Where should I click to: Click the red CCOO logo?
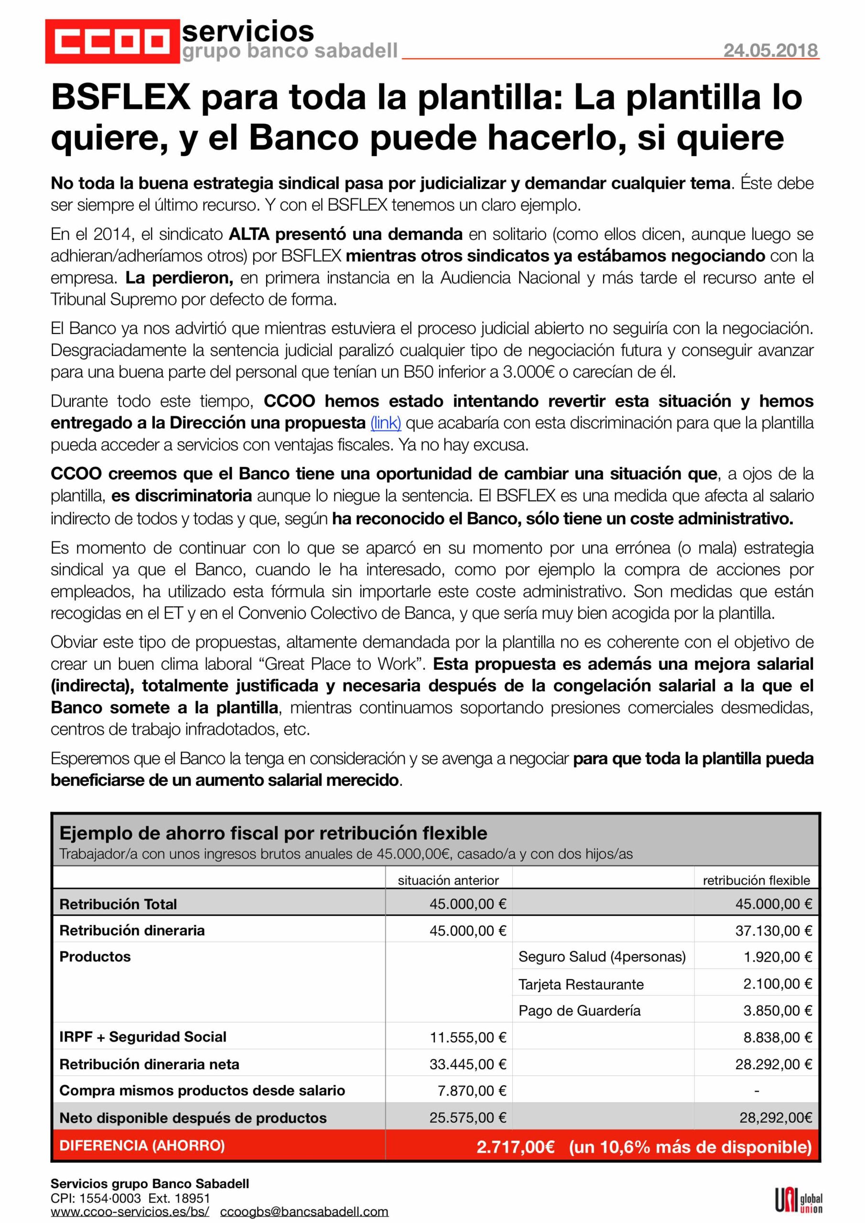tap(112, 41)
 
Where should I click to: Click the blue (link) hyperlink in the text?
tap(385, 423)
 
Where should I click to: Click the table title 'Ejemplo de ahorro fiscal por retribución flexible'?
tap(273, 833)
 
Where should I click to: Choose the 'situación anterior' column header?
tap(448, 880)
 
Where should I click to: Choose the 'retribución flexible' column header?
tap(756, 880)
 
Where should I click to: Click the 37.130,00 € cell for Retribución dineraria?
tap(773, 931)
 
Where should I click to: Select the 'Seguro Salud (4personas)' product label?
tap(602, 957)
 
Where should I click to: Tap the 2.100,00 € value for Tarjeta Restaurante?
tap(777, 984)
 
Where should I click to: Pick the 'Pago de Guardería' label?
tap(579, 1010)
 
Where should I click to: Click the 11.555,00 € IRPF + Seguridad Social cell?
tap(467, 1037)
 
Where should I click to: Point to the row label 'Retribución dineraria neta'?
tap(149, 1064)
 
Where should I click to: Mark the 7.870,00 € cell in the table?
tap(471, 1090)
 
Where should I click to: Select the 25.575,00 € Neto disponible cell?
tap(467, 1117)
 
